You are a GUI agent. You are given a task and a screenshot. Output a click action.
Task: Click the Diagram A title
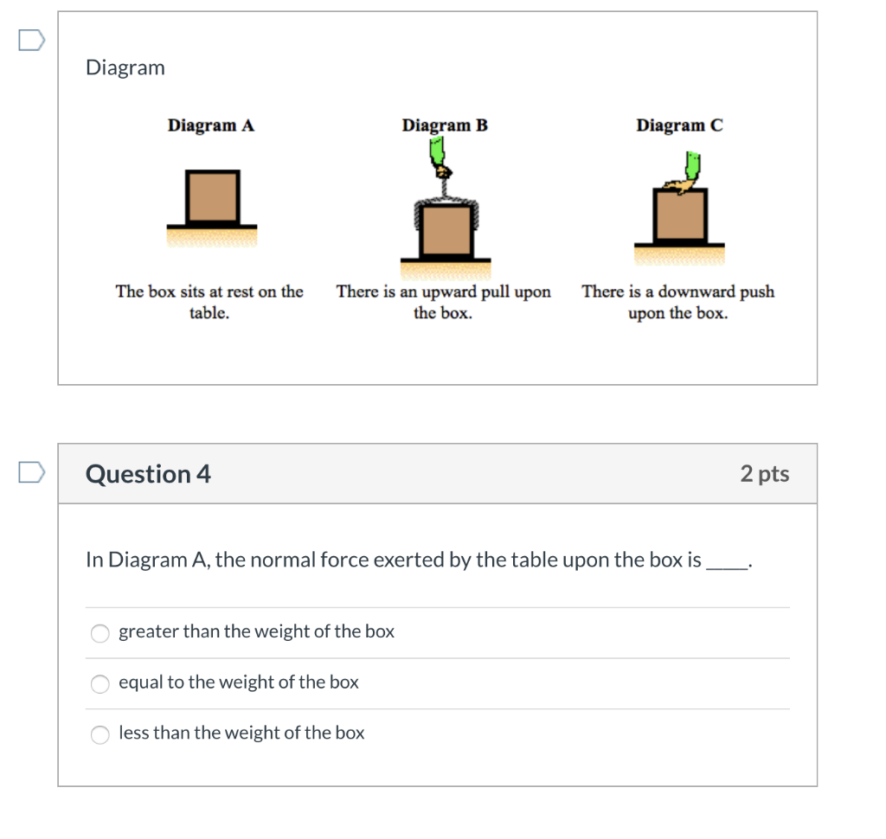click(x=211, y=125)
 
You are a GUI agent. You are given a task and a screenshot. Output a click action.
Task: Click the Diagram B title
click(x=445, y=125)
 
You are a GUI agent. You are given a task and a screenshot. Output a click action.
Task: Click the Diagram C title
click(x=679, y=125)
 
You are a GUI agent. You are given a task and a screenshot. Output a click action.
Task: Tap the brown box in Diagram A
click(x=212, y=197)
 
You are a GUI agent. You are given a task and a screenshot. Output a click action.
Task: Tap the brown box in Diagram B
click(x=446, y=230)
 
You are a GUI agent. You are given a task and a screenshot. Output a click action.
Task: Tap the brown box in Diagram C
click(x=679, y=215)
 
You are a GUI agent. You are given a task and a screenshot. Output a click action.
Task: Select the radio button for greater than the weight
click(x=101, y=633)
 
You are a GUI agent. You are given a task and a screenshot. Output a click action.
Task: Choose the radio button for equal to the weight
click(x=101, y=684)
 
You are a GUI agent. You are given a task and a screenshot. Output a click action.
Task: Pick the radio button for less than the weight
click(x=101, y=734)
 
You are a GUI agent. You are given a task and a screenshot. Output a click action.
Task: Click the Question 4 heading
click(x=148, y=474)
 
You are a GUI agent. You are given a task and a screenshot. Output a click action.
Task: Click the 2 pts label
click(x=765, y=474)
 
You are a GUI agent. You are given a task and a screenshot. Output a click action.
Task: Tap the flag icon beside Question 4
click(x=31, y=472)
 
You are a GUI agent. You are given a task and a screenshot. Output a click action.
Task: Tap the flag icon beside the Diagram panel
click(x=31, y=40)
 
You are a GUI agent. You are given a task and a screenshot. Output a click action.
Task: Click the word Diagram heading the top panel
click(x=125, y=67)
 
